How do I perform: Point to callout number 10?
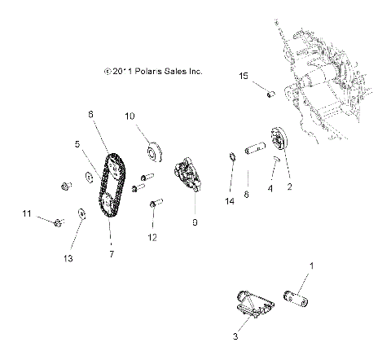(129, 117)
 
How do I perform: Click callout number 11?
(26, 213)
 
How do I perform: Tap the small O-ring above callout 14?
(232, 157)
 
